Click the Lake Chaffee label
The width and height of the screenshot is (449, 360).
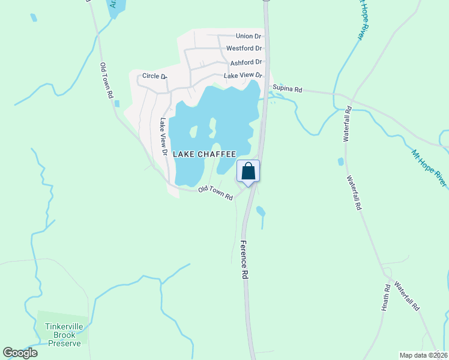click(203, 154)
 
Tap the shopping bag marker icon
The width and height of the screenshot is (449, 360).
click(249, 172)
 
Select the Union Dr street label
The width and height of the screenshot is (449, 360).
click(249, 37)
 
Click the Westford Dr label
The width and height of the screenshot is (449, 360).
click(244, 49)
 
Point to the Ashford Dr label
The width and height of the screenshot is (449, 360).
click(246, 62)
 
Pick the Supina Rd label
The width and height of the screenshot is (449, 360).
click(287, 88)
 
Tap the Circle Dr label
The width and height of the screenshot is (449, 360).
click(154, 76)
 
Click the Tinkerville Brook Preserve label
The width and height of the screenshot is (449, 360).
click(62, 335)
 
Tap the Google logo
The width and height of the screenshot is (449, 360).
click(20, 353)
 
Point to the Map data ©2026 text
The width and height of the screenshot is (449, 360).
click(424, 355)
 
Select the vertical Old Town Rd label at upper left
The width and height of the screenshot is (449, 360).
click(107, 80)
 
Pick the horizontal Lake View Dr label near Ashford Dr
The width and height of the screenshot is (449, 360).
click(243, 76)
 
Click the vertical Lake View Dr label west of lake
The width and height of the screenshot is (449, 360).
click(162, 136)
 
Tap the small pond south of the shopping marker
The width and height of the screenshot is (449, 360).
click(261, 211)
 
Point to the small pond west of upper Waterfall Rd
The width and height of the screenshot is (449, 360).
click(340, 161)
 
